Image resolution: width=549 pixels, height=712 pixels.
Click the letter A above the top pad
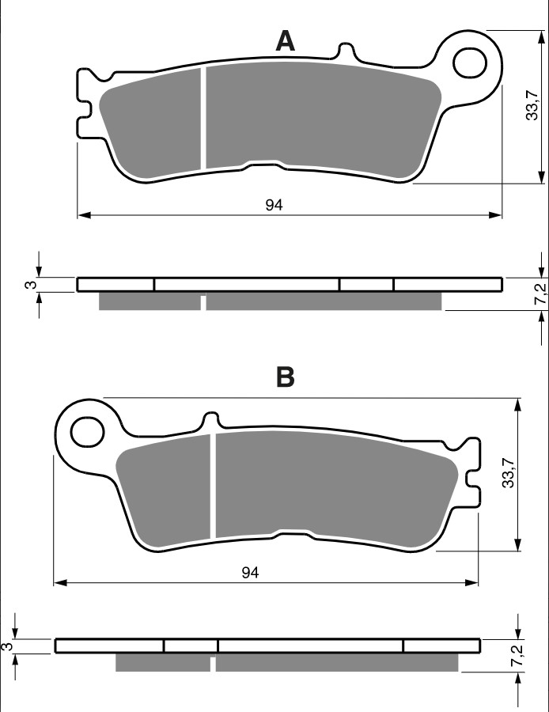285,41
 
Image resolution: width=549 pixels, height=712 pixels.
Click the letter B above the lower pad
285,377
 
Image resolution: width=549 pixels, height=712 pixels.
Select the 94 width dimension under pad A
274,205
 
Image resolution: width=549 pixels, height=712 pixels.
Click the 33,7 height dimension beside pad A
534,106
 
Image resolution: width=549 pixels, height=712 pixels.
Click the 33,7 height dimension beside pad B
510,472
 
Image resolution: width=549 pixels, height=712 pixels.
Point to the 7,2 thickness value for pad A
540,293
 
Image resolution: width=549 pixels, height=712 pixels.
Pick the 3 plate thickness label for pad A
29,285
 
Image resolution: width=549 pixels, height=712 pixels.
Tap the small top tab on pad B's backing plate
210,420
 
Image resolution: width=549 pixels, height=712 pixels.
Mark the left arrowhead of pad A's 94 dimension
82,214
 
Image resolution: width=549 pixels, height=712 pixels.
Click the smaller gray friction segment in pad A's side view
150,301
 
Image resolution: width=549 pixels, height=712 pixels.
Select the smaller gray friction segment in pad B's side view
163,662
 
